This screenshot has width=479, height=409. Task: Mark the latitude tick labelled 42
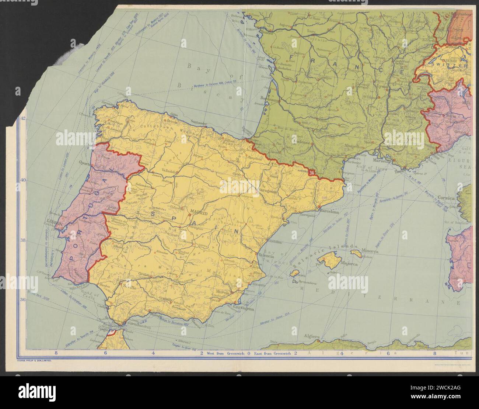click(x=22, y=118)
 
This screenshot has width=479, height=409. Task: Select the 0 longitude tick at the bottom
click(x=249, y=353)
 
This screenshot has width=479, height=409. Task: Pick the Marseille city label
click(x=381, y=161)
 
